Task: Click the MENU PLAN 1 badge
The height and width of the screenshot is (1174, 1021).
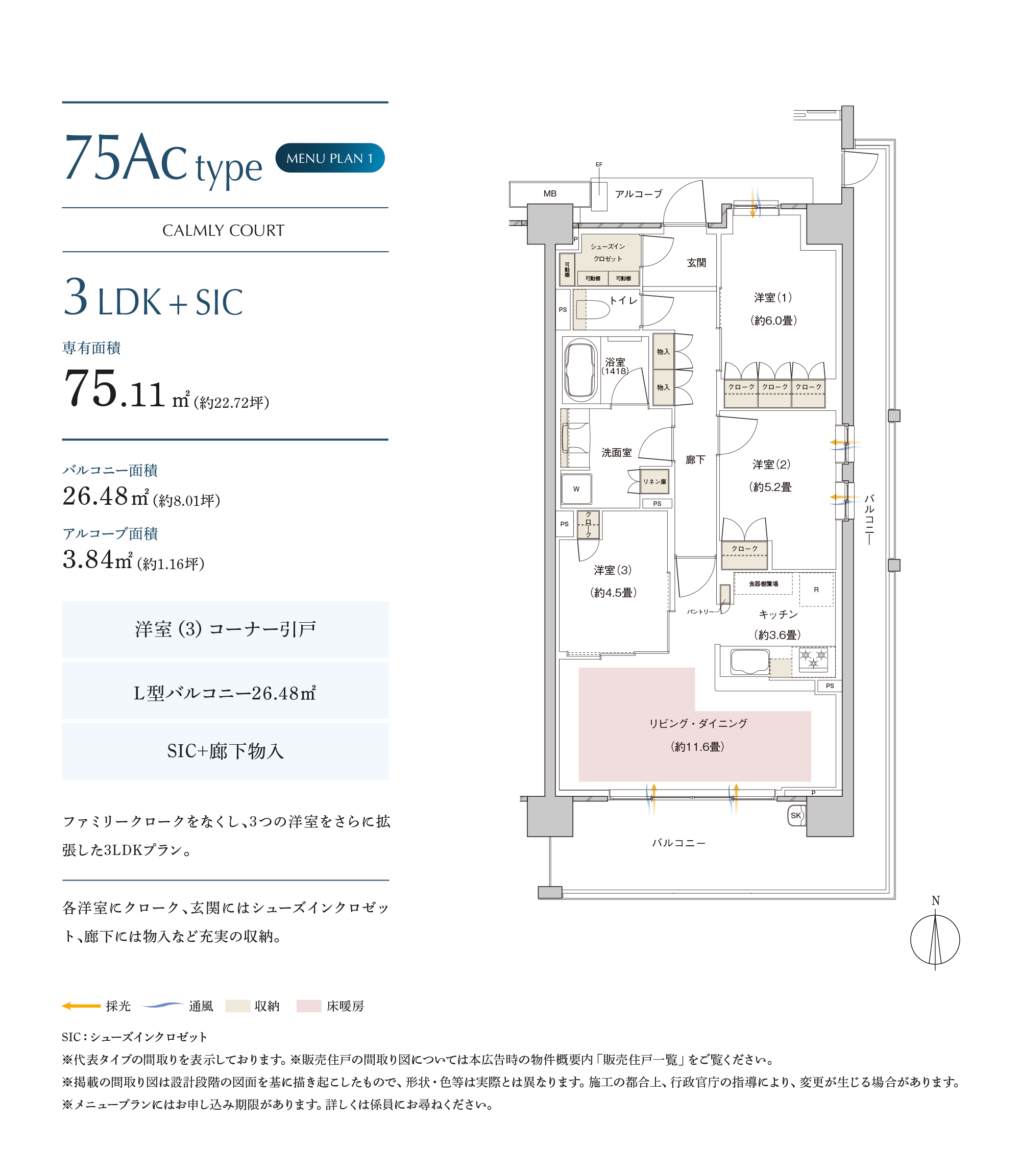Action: [x=330, y=158]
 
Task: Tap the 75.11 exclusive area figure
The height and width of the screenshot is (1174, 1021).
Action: [x=114, y=388]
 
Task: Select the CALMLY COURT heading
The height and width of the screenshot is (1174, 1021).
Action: [x=224, y=230]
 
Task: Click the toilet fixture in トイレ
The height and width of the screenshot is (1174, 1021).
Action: [x=593, y=310]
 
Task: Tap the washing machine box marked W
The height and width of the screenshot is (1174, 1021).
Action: [x=576, y=488]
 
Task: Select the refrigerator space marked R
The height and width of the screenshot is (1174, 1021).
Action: [x=816, y=590]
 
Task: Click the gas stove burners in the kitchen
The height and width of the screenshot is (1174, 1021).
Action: [x=814, y=660]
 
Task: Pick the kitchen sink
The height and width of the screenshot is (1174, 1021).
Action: [x=750, y=662]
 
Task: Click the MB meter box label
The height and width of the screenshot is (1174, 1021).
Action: [x=550, y=193]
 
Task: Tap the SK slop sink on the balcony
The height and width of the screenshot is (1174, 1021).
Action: [x=796, y=815]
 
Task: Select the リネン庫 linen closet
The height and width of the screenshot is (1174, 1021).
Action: [x=654, y=481]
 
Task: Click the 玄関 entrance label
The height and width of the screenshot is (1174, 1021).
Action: [x=696, y=262]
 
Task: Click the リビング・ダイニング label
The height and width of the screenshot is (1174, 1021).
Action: [x=698, y=723]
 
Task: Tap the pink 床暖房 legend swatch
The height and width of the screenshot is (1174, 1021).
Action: [x=309, y=1006]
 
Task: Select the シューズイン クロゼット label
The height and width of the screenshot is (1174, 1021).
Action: [x=608, y=252]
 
